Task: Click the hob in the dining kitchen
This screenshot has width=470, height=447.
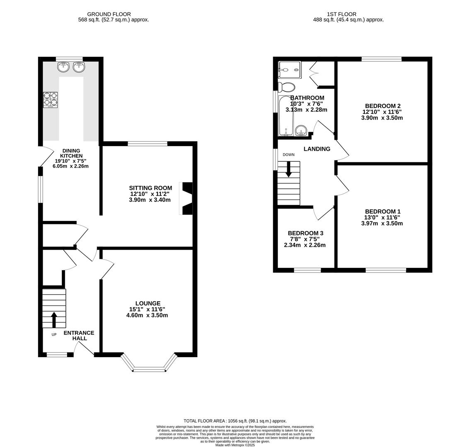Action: [x=51, y=100]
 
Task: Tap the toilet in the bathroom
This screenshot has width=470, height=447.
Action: [x=286, y=87]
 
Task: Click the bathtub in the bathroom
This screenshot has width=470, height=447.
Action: [x=286, y=116]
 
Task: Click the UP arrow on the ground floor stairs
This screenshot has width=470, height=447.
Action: [x=54, y=319]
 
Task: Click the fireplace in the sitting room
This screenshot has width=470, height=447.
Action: [x=187, y=199]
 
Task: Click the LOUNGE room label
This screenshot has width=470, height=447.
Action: [x=148, y=303]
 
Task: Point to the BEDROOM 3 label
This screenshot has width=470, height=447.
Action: [x=305, y=233]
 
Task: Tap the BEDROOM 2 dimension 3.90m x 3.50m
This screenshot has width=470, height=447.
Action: [x=382, y=118]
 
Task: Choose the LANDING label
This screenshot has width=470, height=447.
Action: [x=317, y=149]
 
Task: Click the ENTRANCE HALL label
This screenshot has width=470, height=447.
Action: [x=79, y=336]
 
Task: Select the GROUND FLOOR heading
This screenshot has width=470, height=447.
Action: [x=109, y=14]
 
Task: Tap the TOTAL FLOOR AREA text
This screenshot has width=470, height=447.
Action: [x=235, y=421]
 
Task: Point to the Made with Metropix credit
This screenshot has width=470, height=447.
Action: [x=235, y=445]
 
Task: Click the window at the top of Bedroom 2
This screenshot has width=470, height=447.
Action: [x=381, y=59]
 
